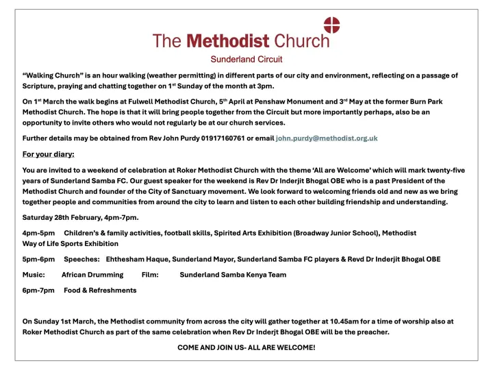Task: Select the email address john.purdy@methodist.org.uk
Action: [326, 138]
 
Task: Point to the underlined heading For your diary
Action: [49, 153]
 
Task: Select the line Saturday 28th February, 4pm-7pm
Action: [80, 217]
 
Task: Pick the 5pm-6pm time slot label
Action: [38, 259]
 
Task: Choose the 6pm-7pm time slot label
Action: [38, 290]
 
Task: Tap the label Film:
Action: [150, 275]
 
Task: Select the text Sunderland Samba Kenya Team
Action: [233, 275]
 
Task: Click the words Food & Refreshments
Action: [100, 290]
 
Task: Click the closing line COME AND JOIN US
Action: [246, 347]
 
